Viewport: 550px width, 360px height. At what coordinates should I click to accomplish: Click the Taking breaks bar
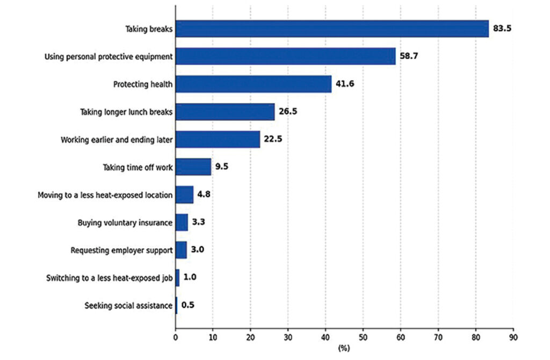[x=332, y=29]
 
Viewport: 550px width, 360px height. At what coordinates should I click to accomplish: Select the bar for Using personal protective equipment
[x=286, y=56]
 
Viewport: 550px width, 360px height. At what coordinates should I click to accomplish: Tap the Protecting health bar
[x=254, y=84]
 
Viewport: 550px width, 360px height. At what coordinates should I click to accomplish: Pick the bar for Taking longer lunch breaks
[x=225, y=112]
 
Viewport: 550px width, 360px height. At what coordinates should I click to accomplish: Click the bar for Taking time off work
[x=193, y=167]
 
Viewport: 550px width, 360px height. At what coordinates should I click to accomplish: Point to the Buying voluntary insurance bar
[x=182, y=222]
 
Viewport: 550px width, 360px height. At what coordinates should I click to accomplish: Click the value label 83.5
[x=502, y=28]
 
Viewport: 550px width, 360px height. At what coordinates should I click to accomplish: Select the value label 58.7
[x=409, y=56]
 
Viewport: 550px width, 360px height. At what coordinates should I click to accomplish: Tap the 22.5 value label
[x=273, y=139]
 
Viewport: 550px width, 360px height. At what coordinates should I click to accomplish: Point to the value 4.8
[x=204, y=194]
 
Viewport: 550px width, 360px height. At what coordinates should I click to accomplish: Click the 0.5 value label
[x=187, y=305]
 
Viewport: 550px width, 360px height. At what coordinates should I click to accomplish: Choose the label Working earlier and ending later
[x=117, y=140]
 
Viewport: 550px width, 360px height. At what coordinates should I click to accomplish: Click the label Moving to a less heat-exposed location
[x=105, y=195]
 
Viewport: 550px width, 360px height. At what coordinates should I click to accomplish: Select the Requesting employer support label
[x=122, y=250]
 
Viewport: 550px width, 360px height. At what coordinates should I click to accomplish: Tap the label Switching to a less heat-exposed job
[x=110, y=278]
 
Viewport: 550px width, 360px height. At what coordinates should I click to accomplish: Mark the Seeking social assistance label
[x=128, y=306]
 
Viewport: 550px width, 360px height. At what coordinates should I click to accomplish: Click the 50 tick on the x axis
[x=363, y=337]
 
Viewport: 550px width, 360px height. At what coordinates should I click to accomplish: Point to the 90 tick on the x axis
[x=513, y=337]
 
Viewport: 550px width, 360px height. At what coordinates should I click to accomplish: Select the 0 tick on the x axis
[x=176, y=337]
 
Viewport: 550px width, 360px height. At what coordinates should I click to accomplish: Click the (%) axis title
[x=344, y=348]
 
